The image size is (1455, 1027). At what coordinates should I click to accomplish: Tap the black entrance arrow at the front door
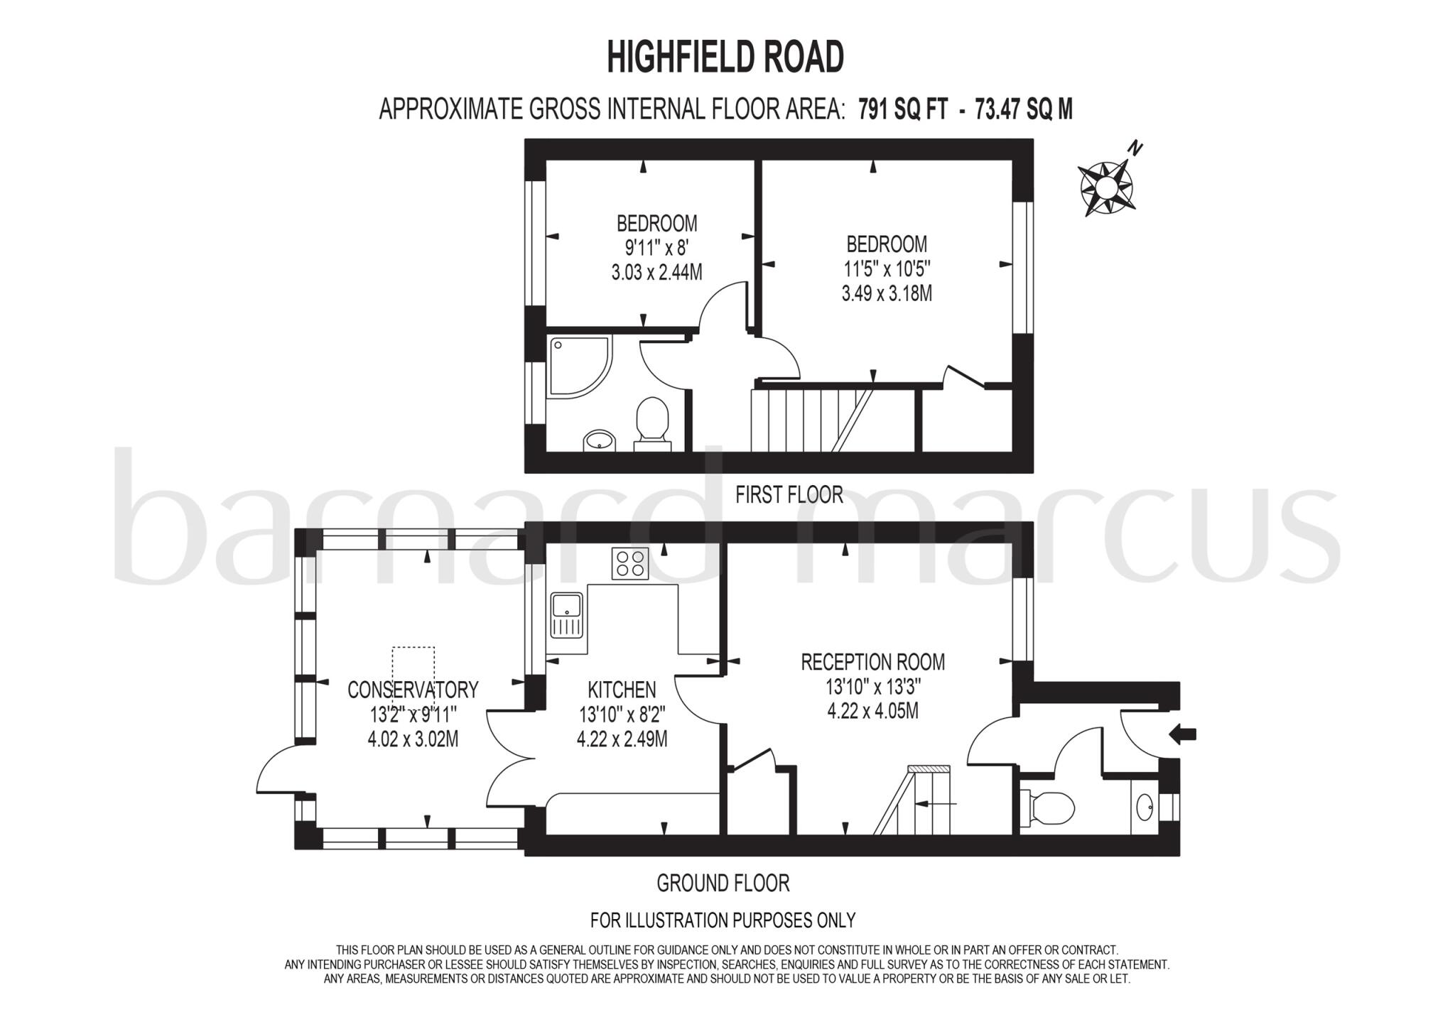pyautogui.click(x=1183, y=735)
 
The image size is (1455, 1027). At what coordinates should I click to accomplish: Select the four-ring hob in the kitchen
pyautogui.click(x=630, y=564)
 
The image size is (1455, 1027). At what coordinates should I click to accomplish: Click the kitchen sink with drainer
pyautogui.click(x=566, y=614)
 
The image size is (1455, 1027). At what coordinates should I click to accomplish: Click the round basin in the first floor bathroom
pyautogui.click(x=599, y=441)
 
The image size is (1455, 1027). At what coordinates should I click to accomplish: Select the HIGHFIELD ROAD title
pyautogui.click(x=725, y=57)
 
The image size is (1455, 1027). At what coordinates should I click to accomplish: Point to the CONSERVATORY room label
pyautogui.click(x=413, y=689)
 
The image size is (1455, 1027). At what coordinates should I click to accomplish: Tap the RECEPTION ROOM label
pyautogui.click(x=873, y=662)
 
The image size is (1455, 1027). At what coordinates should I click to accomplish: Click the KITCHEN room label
pyautogui.click(x=622, y=689)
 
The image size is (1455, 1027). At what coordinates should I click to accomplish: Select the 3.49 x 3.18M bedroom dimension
pyautogui.click(x=887, y=293)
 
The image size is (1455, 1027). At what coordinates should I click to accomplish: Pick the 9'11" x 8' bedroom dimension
pyautogui.click(x=656, y=248)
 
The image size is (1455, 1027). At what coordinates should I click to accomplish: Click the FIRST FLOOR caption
pyautogui.click(x=789, y=494)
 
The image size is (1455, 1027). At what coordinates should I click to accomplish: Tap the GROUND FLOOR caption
pyautogui.click(x=723, y=883)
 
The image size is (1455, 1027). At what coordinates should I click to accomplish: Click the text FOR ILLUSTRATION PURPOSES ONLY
pyautogui.click(x=723, y=920)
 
